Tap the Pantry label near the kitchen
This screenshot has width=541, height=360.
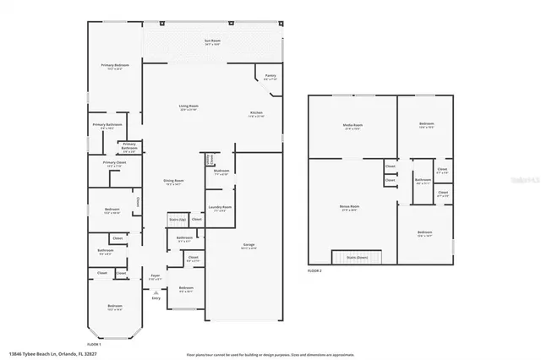coord(270,75)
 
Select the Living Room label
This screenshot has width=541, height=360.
coord(188,106)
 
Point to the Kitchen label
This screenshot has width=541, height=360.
coord(256,113)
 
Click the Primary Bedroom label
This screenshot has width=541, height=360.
coord(115,65)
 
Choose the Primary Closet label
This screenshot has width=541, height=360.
coord(114,163)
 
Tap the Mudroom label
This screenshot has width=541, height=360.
coord(221,171)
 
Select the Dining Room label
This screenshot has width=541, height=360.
coord(173,181)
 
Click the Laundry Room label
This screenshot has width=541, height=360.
coord(221,207)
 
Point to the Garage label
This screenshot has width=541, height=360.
coord(249,245)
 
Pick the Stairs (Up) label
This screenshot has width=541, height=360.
coord(177,219)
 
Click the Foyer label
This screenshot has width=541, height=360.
coord(156,275)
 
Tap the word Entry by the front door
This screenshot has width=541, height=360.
coord(156,297)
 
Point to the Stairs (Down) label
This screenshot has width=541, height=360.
coord(355,257)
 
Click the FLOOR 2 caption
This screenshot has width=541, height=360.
coord(314,271)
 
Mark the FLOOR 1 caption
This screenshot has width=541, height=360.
coord(95,344)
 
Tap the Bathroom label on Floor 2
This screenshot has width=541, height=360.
coord(423,180)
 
